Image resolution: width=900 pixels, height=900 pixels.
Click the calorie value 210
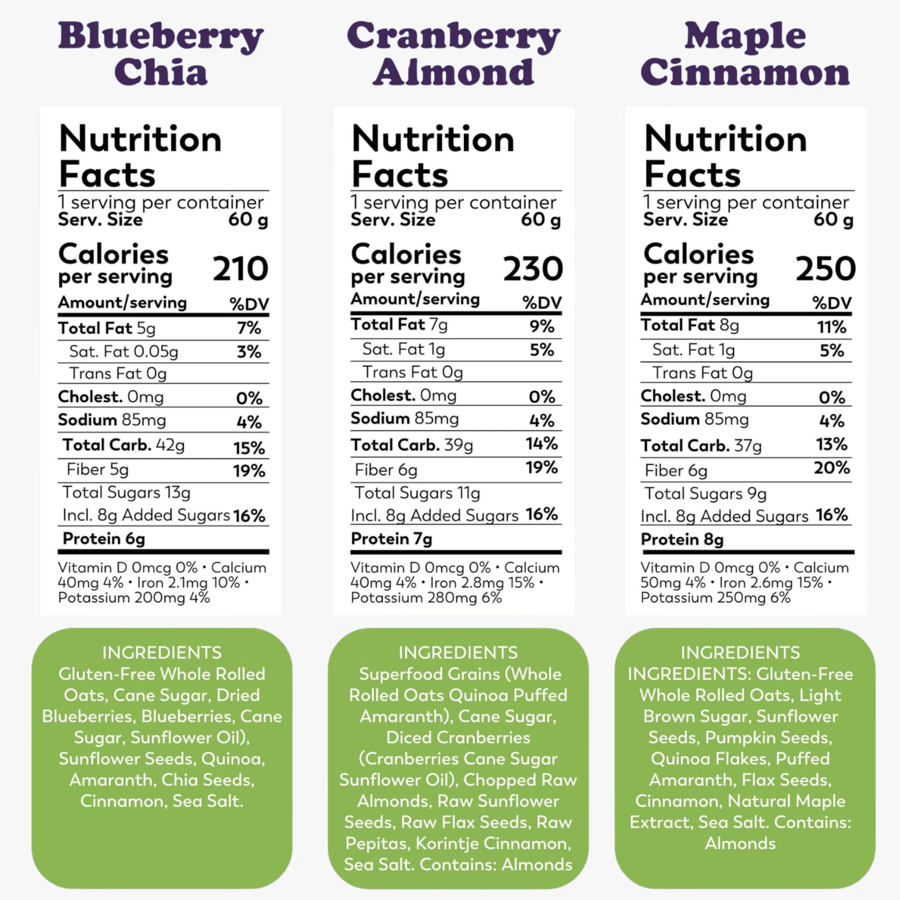click(x=240, y=269)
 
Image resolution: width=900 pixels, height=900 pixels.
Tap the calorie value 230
click(x=533, y=269)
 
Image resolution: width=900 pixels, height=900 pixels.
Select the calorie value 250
click(x=825, y=269)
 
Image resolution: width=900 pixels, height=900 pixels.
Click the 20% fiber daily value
click(x=832, y=468)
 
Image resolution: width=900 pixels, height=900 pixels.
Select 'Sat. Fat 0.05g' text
click(x=123, y=352)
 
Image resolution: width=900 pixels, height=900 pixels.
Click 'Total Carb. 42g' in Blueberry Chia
click(x=123, y=445)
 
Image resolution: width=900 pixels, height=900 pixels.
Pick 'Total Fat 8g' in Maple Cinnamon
click(x=689, y=325)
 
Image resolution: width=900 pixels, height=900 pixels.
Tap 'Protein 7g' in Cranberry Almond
click(x=391, y=539)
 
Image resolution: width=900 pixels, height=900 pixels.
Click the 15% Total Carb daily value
click(x=249, y=448)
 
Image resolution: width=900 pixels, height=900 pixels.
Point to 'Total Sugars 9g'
click(x=705, y=494)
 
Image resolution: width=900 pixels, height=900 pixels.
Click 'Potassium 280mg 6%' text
click(x=426, y=598)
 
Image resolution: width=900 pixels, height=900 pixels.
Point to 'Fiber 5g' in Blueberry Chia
click(x=97, y=469)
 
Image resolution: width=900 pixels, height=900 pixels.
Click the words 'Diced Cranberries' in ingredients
click(x=458, y=737)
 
